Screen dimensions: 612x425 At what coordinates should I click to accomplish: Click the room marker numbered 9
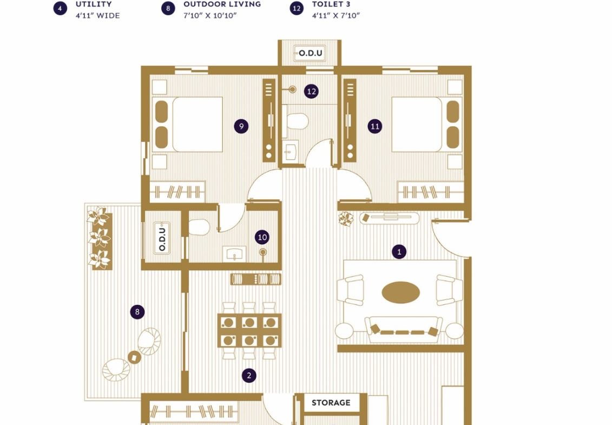[x=241, y=126]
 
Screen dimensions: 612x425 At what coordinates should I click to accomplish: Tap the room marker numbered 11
[x=374, y=126]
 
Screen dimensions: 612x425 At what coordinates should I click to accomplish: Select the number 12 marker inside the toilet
[x=311, y=91]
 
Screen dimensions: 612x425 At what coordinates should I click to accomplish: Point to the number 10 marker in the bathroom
[x=262, y=237]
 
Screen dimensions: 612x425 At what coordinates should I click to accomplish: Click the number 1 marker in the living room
[x=399, y=252]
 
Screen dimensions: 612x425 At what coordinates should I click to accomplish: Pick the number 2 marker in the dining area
[x=249, y=375]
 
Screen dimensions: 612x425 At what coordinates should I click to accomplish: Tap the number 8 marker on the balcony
[x=137, y=312]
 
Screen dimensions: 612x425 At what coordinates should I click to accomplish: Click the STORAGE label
[x=331, y=403]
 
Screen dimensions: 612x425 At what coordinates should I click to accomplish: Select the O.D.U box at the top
[x=310, y=53]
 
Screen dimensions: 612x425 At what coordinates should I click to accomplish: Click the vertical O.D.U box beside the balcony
[x=162, y=238]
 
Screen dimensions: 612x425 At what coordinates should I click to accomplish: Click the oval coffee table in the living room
[x=401, y=292]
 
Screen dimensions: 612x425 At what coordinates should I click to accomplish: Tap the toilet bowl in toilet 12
[x=296, y=121]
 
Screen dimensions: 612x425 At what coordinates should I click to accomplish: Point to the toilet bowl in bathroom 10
[x=199, y=227]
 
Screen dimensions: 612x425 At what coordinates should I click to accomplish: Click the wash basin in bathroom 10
[x=234, y=253]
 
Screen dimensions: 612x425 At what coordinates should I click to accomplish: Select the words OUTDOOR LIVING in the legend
[x=222, y=4]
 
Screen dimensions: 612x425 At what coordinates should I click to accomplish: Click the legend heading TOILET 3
[x=331, y=4]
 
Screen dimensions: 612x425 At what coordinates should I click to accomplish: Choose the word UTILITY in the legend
[x=94, y=4]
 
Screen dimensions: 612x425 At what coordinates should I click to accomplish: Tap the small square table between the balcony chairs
[x=135, y=357]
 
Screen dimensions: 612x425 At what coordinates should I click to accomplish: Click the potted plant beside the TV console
[x=346, y=219]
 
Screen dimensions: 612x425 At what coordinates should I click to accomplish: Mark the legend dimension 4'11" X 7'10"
[x=335, y=16]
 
